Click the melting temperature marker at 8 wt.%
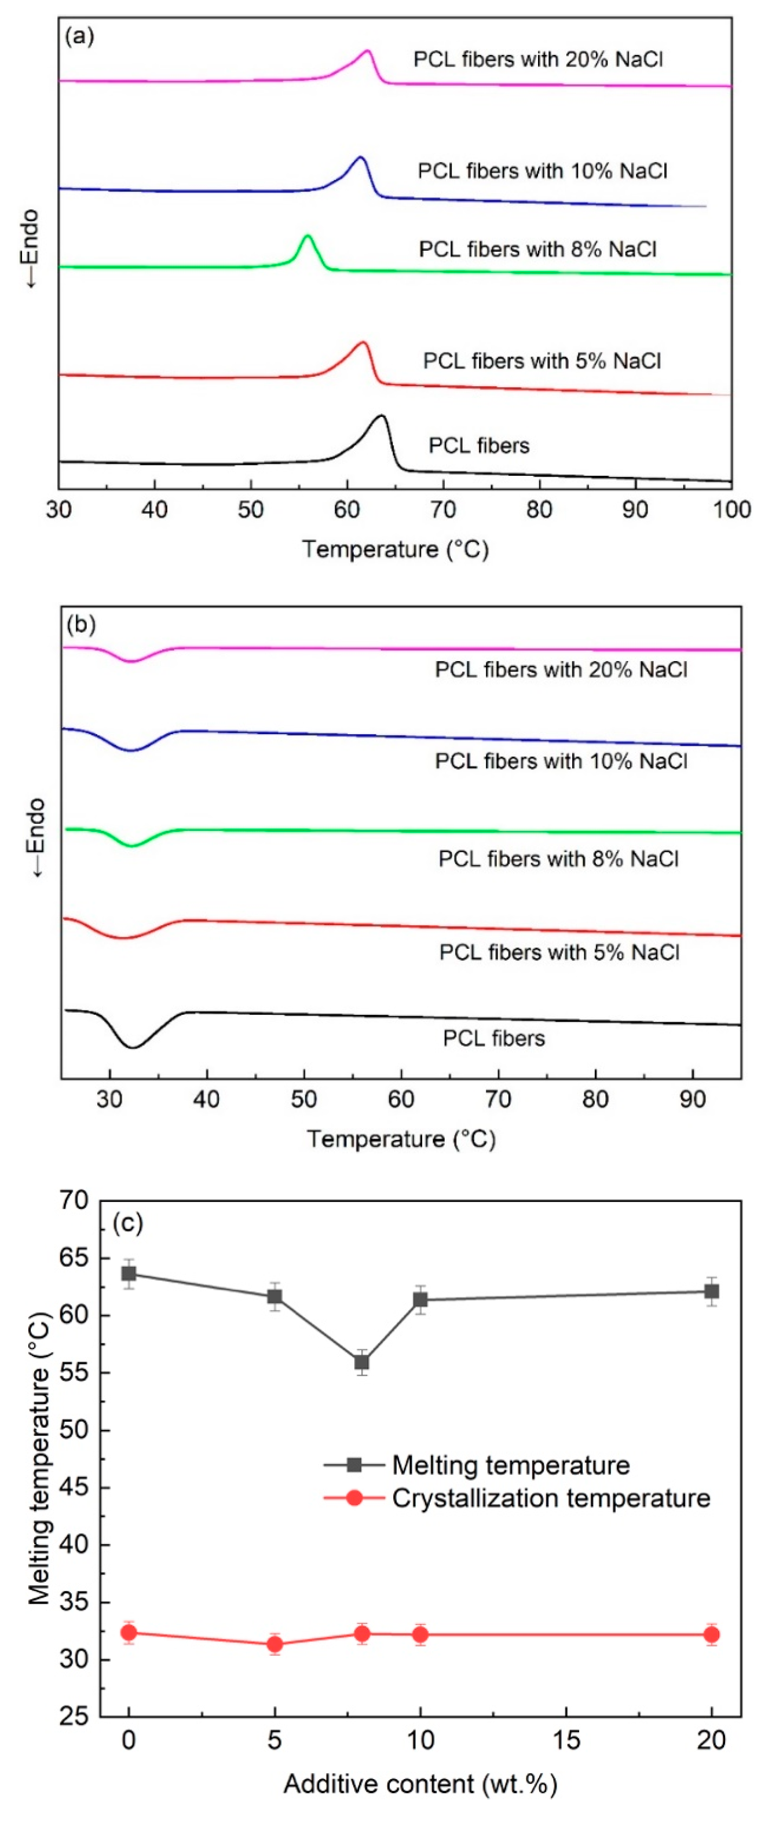point(362,1362)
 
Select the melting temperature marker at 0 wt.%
point(129,1273)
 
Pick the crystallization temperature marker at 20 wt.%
point(711,1634)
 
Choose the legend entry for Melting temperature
point(511,1465)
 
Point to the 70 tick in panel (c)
point(75,1200)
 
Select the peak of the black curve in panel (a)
point(382,415)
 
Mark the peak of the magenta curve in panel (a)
point(367,51)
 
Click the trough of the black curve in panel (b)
point(132,1047)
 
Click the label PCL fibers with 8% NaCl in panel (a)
point(537,250)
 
